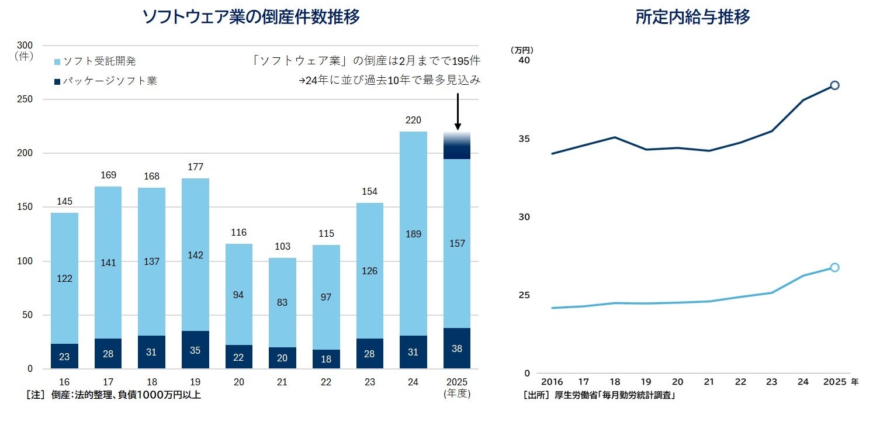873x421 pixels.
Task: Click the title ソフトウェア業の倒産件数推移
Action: [251, 17]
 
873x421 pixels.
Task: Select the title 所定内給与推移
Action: [692, 17]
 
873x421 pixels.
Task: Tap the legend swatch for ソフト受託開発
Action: [57, 61]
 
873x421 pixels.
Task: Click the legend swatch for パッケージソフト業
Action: [57, 82]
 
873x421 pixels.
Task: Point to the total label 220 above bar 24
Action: [414, 120]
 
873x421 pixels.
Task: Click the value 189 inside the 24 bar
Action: [414, 234]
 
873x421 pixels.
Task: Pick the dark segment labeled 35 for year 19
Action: [195, 350]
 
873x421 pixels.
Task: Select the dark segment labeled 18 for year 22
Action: [326, 359]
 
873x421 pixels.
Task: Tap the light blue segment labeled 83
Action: [282, 302]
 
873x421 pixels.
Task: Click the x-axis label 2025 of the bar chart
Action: [458, 382]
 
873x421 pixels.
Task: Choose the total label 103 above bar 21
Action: [282, 247]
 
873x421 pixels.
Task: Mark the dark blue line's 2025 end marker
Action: [834, 85]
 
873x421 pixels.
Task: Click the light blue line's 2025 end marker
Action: [834, 267]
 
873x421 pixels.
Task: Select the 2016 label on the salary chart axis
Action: [552, 382]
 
